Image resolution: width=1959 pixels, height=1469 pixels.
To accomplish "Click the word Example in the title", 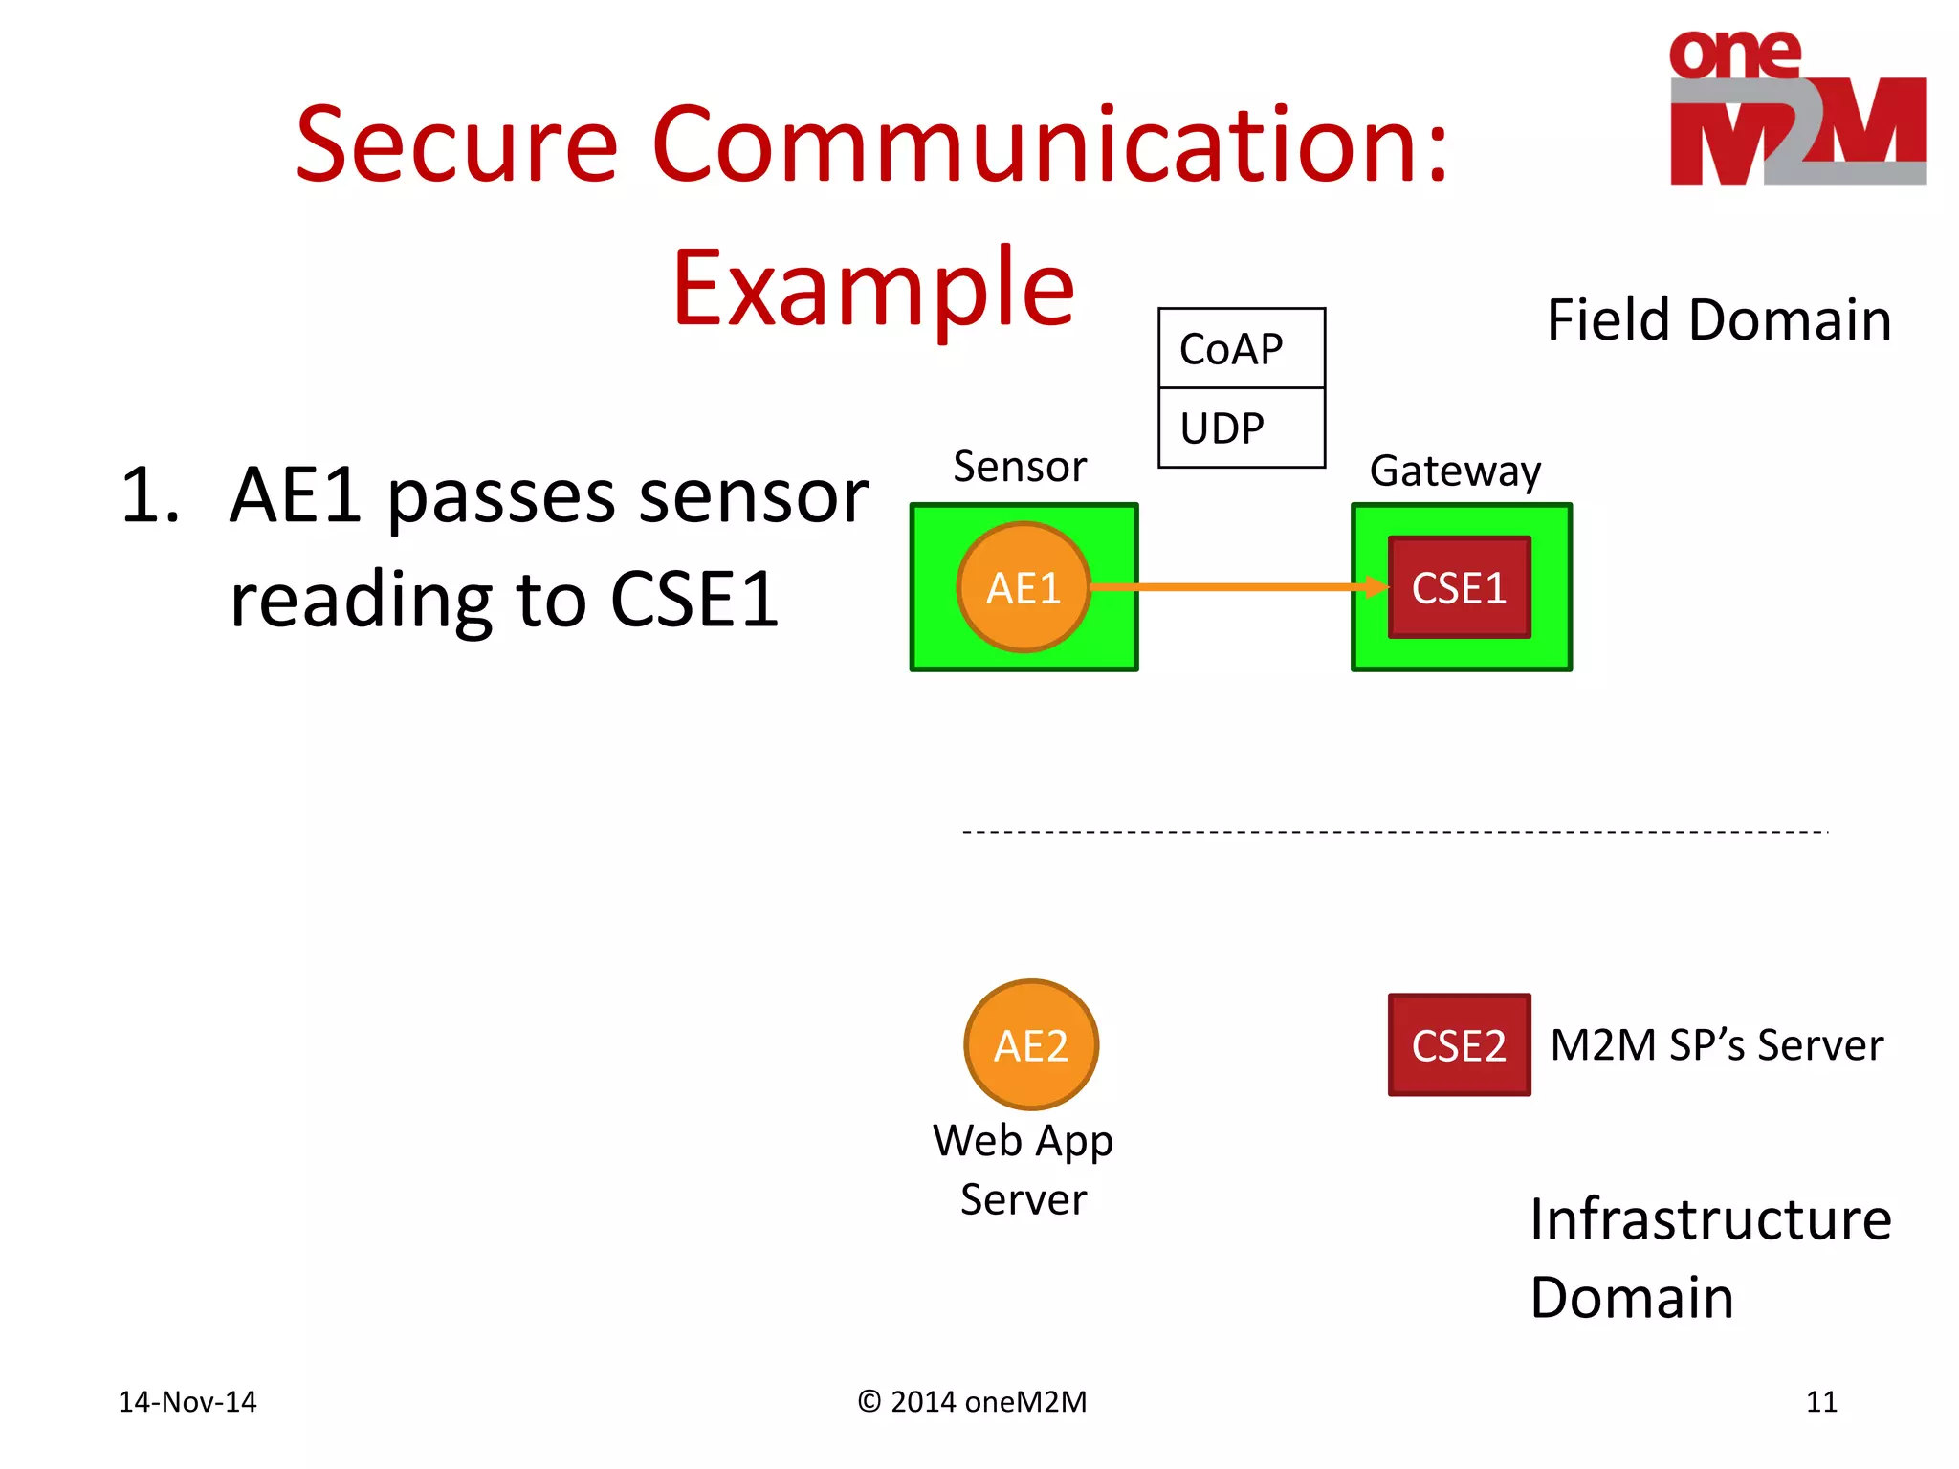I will click(x=873, y=288).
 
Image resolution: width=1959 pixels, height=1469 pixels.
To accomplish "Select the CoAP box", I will click(x=1241, y=348).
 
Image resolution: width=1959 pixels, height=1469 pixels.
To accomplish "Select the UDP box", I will click(x=1241, y=428).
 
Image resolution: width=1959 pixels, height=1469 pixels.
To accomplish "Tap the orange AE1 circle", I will click(x=1023, y=587).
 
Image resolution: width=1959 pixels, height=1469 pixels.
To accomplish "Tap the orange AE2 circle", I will click(x=1030, y=1044).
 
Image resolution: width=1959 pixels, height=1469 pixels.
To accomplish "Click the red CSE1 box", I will click(x=1459, y=587).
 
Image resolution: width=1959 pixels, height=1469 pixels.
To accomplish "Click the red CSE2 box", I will click(x=1459, y=1044).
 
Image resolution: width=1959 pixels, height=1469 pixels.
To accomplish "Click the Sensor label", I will click(x=1020, y=467).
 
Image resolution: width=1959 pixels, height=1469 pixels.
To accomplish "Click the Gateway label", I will click(x=1455, y=471).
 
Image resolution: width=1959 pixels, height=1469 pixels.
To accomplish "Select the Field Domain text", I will click(x=1718, y=319).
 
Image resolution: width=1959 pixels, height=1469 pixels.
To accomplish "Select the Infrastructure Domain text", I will click(x=1708, y=1258).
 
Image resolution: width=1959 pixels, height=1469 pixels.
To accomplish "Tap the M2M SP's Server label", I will click(x=1716, y=1044).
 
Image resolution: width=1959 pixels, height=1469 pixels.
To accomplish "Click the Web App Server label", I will click(x=1024, y=1170).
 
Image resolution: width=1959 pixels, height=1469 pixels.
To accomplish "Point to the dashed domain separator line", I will click(x=1395, y=832).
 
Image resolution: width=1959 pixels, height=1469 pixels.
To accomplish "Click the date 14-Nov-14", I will click(x=187, y=1402).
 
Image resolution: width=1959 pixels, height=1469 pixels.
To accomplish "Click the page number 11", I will click(x=1821, y=1402).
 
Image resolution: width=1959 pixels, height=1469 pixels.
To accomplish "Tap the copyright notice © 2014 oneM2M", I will click(x=972, y=1402).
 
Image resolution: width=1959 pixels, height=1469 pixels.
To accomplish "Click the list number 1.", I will click(x=150, y=496).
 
